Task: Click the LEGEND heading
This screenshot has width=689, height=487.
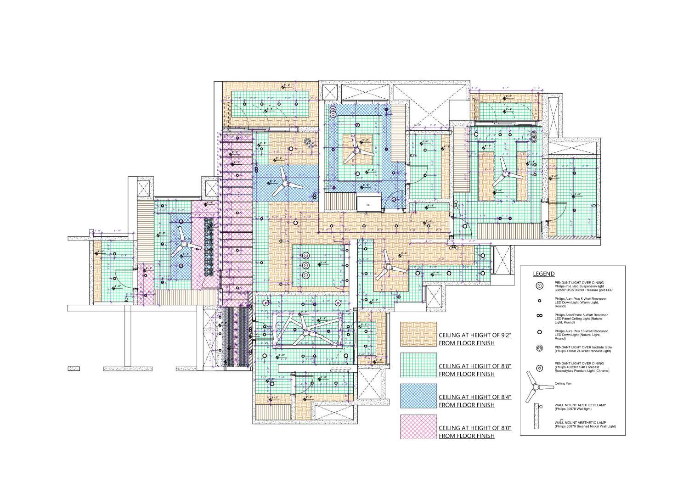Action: (x=543, y=274)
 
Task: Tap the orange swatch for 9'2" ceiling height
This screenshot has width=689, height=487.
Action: (x=418, y=333)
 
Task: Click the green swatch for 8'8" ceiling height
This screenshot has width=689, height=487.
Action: (x=418, y=364)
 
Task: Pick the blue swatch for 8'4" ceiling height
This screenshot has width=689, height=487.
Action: (x=418, y=396)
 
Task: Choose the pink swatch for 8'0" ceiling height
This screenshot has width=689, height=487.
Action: (x=418, y=427)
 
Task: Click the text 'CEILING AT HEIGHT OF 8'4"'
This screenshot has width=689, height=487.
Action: (x=475, y=397)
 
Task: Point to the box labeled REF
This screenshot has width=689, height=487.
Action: (x=368, y=204)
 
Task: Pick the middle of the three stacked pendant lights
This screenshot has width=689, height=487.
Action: (x=305, y=265)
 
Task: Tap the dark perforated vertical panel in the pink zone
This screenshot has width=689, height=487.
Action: (x=209, y=246)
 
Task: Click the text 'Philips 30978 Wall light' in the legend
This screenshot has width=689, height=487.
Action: (x=573, y=409)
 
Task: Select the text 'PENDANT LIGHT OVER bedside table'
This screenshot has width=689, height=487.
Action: (x=583, y=347)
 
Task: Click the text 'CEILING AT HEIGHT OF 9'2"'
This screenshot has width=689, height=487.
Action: (x=475, y=335)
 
